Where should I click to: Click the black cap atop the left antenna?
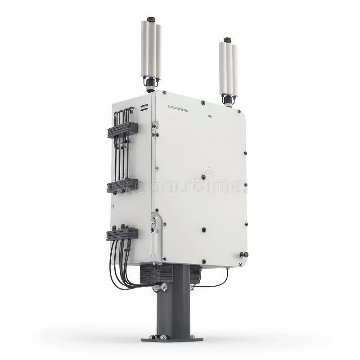151,19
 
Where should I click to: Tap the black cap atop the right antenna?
227,40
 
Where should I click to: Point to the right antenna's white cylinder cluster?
228,67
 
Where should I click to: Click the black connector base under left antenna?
151,83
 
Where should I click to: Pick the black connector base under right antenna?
228,99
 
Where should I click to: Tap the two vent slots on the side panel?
144,108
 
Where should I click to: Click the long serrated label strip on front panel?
179,108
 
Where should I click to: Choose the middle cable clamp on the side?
122,185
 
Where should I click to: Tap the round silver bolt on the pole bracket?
164,286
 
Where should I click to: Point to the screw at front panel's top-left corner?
164,93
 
